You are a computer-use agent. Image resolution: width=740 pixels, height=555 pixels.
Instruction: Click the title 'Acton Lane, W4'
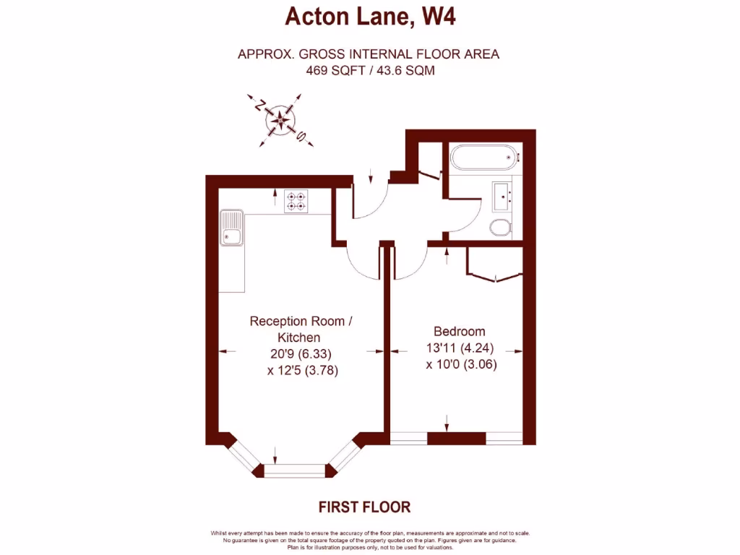coord(370,16)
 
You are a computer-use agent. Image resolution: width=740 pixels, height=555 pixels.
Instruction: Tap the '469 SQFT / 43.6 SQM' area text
coord(370,71)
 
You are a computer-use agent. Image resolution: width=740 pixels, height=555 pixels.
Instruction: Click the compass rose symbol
coord(278,120)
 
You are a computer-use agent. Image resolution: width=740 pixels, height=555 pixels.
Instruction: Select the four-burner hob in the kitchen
coord(296,200)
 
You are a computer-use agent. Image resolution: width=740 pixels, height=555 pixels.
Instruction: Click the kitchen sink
coord(232,228)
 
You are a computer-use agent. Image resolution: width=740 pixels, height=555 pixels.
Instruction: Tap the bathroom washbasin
coord(503,194)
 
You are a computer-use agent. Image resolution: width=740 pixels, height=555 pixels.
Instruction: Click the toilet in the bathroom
coord(500,228)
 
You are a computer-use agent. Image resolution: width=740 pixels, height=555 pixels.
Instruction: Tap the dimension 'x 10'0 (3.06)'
coord(462,364)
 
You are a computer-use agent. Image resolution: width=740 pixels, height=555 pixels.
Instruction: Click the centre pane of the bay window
coord(296,470)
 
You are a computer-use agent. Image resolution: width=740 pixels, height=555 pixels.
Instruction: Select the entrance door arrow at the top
coord(370,175)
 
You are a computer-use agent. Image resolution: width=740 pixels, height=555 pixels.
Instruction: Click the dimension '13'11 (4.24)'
coord(460,348)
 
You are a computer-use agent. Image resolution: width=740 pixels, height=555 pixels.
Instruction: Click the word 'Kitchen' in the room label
coord(299,337)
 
